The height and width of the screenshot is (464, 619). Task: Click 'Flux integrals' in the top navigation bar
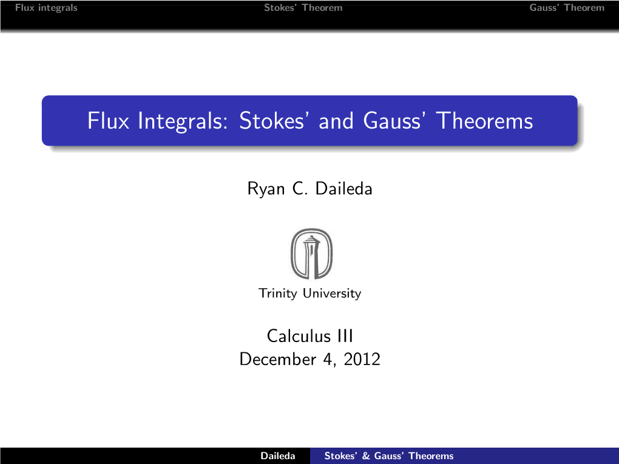click(x=46, y=8)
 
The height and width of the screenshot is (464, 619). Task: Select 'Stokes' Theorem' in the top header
click(x=303, y=7)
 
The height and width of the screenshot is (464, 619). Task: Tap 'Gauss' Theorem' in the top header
click(x=567, y=7)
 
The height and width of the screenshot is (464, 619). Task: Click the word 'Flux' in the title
click(x=108, y=120)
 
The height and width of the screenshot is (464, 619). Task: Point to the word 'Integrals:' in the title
click(x=183, y=121)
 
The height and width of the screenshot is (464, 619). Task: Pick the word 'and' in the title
click(x=336, y=120)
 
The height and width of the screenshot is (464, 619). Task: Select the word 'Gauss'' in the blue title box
click(x=395, y=120)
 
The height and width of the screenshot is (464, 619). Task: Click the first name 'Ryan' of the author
click(x=266, y=189)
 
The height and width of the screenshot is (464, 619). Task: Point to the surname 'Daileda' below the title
click(x=344, y=188)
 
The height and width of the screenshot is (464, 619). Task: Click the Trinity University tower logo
click(x=311, y=254)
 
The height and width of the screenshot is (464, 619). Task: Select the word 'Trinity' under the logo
click(x=277, y=293)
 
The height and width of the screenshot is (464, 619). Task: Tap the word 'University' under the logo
click(x=332, y=293)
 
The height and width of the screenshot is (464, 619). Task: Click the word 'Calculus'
click(x=299, y=336)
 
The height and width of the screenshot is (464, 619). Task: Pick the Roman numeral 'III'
click(x=345, y=336)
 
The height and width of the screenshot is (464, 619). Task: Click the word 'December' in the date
click(x=278, y=359)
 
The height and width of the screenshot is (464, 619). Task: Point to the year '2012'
click(x=362, y=359)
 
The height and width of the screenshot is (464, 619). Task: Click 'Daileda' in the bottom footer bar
click(x=278, y=456)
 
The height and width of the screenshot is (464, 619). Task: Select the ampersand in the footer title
click(x=366, y=456)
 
